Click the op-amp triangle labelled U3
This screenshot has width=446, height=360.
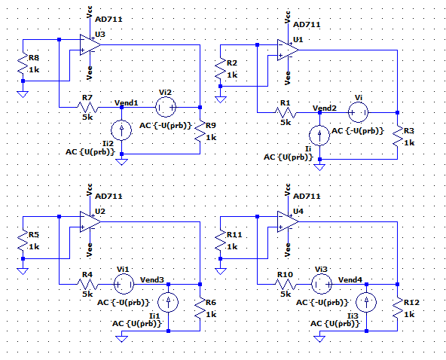(x=90, y=45)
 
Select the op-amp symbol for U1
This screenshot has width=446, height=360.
(x=288, y=50)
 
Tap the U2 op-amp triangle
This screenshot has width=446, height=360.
(x=90, y=222)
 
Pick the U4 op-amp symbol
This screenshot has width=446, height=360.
(x=288, y=222)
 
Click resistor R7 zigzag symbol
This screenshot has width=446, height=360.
(x=87, y=107)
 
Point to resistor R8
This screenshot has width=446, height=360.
(x=23, y=63)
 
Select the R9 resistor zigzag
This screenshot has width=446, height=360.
(x=200, y=130)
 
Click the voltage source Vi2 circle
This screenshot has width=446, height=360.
(x=166, y=107)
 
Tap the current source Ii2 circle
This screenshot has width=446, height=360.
(x=121, y=130)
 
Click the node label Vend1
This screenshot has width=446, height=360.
(x=127, y=102)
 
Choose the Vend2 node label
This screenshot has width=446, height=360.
(x=325, y=108)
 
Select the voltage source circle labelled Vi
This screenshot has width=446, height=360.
(x=359, y=112)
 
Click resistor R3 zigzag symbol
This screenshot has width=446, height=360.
(x=397, y=136)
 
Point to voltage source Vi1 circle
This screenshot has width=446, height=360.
(x=124, y=284)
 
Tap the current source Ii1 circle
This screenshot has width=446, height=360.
(x=168, y=302)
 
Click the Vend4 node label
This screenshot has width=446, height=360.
(x=350, y=280)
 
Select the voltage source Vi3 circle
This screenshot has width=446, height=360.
(x=322, y=284)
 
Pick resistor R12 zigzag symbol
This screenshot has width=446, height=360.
(x=397, y=308)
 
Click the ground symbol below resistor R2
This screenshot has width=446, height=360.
(x=221, y=100)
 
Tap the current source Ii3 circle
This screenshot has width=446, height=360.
(x=366, y=302)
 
